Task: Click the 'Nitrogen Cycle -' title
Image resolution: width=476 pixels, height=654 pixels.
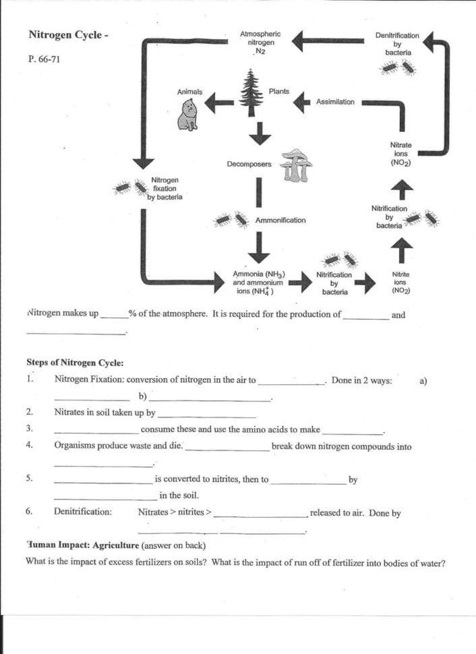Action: click(68, 34)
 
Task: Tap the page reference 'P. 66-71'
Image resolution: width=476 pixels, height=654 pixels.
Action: click(45, 59)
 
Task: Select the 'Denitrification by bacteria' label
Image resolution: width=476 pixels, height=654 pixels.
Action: click(396, 43)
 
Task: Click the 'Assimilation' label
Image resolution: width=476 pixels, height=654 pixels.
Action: click(335, 102)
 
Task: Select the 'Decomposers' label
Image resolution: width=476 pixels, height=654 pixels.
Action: click(249, 164)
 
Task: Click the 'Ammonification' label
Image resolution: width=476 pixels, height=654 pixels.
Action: click(280, 220)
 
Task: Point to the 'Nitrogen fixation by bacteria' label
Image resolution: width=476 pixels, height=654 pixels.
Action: click(165, 189)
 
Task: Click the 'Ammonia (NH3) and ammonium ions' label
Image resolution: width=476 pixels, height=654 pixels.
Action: click(258, 283)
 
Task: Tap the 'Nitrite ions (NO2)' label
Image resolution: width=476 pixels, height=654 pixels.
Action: click(400, 283)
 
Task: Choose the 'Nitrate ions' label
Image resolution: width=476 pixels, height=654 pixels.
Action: click(400, 154)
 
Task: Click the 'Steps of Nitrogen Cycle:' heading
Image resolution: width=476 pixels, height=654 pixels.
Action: click(74, 362)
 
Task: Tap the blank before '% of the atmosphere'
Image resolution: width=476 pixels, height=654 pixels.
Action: click(113, 314)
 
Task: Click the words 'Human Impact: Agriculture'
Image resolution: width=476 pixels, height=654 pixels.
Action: click(82, 545)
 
